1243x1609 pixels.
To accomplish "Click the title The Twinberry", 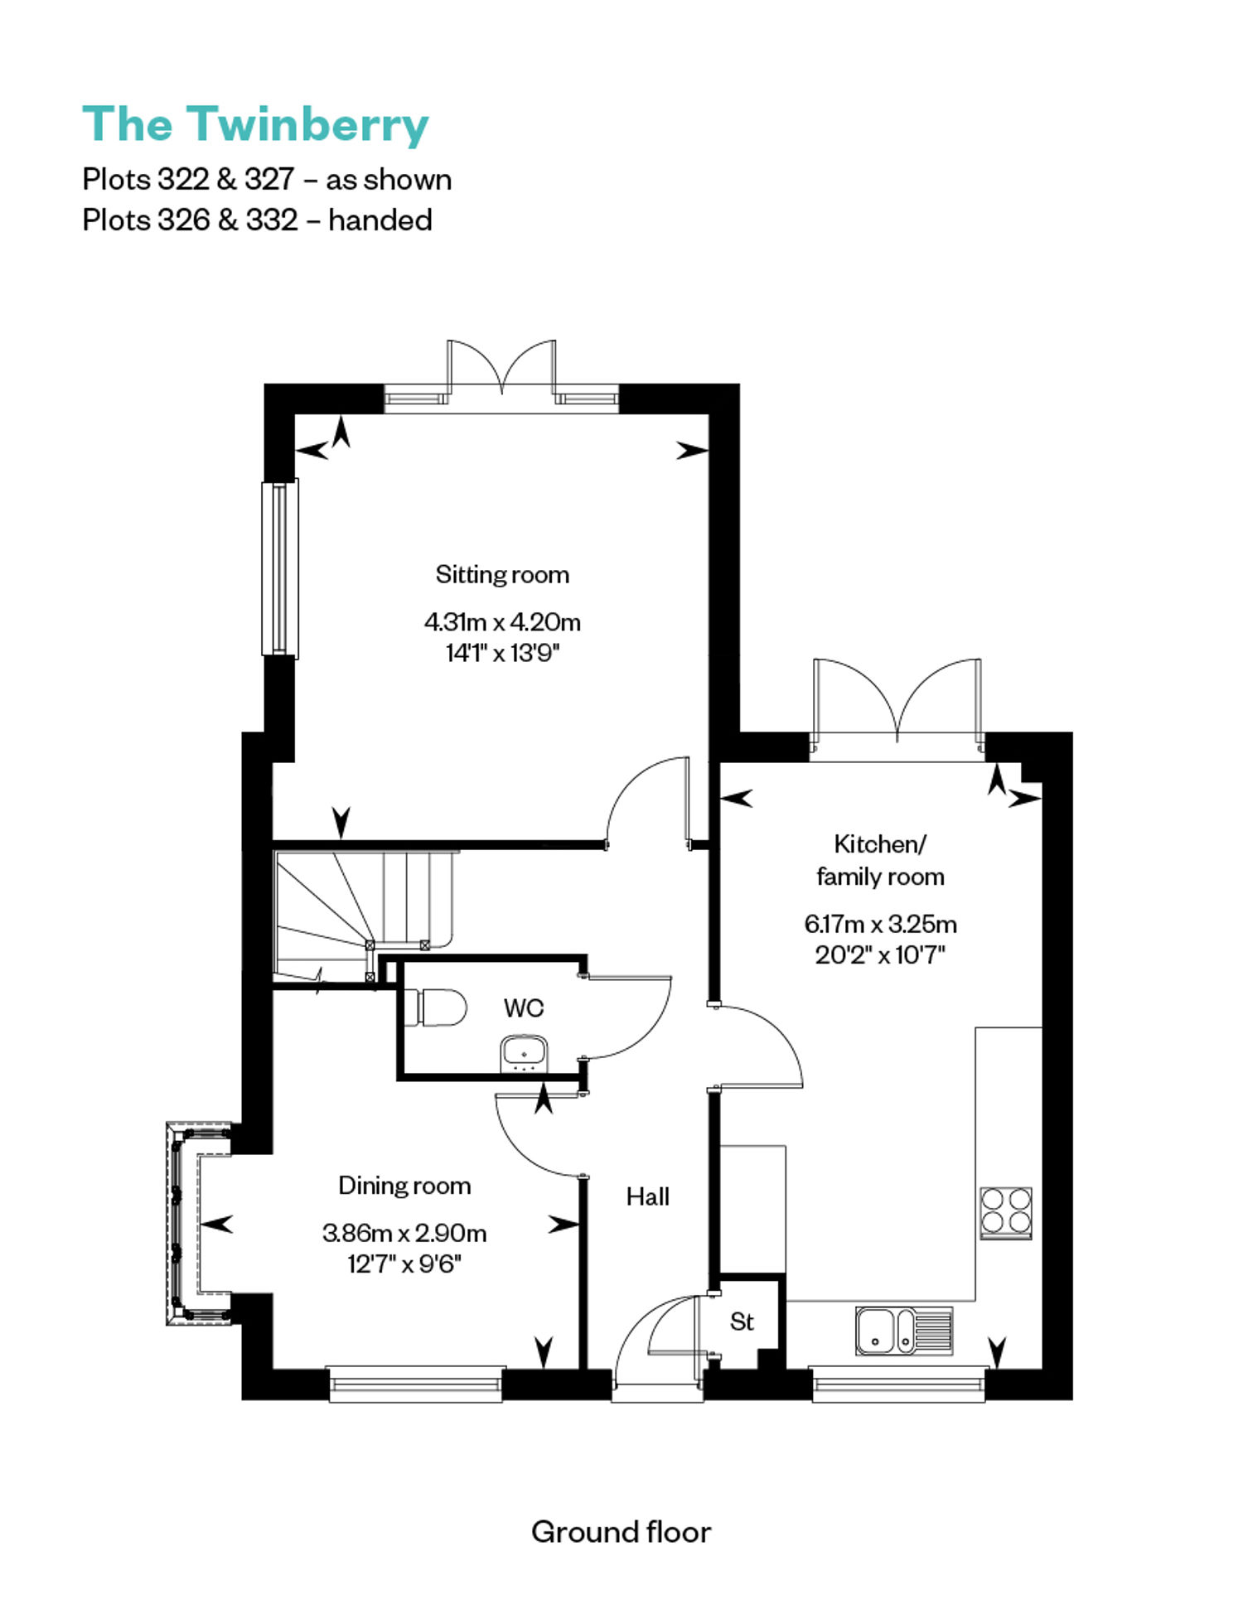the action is (x=255, y=125).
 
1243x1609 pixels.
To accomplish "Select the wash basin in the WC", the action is (x=524, y=1052).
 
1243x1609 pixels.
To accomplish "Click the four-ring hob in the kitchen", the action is (x=1006, y=1212).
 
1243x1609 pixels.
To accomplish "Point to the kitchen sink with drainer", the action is (x=904, y=1331).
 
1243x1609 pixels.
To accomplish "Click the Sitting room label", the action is (x=502, y=574).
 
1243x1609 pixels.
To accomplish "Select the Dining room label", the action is (x=404, y=1186).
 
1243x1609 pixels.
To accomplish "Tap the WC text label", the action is (x=524, y=1007).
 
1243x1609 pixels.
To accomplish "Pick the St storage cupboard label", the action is (x=742, y=1322).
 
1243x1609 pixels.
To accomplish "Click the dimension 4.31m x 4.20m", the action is (x=502, y=621).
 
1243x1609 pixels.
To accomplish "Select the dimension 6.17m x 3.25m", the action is (x=880, y=923).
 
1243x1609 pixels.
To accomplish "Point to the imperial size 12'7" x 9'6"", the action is (x=404, y=1264).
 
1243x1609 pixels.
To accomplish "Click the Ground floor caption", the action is (x=621, y=1532).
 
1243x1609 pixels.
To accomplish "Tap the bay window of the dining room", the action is (x=199, y=1223).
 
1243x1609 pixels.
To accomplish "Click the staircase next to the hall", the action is (x=365, y=916).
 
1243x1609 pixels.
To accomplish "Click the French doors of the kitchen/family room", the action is (x=897, y=707).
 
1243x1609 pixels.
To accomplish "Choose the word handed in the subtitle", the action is (x=380, y=220).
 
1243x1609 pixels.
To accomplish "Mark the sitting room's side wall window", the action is (x=280, y=568).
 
